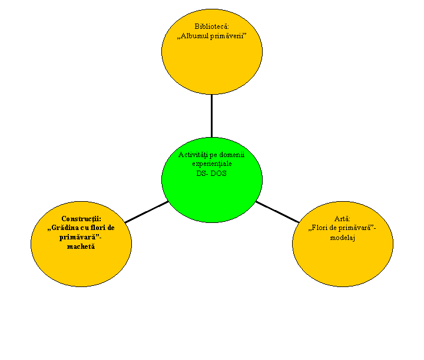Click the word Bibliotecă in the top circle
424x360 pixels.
(212, 26)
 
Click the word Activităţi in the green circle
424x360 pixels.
(193, 155)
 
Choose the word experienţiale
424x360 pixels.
(212, 164)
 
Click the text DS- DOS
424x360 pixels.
(211, 174)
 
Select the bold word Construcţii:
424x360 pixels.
(81, 219)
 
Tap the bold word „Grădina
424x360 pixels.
(63, 228)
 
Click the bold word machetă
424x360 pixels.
(81, 246)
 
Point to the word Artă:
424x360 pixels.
(342, 218)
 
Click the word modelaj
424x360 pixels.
(342, 238)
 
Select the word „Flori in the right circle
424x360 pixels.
(318, 228)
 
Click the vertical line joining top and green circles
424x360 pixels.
(212, 116)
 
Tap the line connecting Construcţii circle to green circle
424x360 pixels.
(147, 212)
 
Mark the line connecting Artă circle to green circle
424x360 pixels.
(277, 212)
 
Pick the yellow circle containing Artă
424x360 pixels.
(343, 259)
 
